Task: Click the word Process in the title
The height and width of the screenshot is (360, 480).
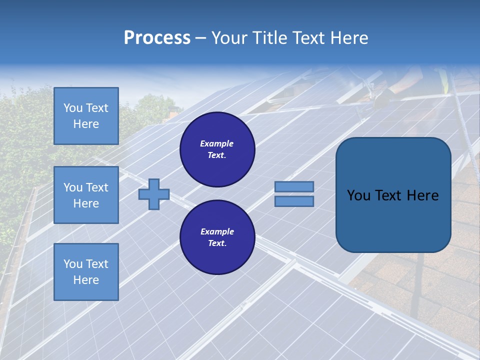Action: click(157, 38)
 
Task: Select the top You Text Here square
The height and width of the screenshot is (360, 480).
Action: click(86, 116)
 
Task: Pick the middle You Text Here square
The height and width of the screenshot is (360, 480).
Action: click(86, 195)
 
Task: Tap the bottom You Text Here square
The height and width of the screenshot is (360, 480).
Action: click(86, 272)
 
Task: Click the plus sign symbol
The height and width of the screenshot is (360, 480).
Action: click(154, 194)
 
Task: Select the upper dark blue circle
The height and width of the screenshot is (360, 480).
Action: click(217, 149)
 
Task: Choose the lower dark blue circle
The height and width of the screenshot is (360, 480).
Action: click(217, 237)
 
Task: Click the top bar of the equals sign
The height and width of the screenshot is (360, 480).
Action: click(294, 186)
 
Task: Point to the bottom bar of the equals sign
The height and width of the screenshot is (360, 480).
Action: click(294, 201)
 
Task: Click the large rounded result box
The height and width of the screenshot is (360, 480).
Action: click(393, 195)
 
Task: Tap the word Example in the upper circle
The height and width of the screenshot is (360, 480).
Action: click(217, 143)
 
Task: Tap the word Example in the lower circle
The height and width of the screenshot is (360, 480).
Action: click(217, 231)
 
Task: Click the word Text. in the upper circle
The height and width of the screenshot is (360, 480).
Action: click(217, 155)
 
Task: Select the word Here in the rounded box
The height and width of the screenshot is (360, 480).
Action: click(423, 195)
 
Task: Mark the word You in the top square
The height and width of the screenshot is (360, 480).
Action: click(73, 108)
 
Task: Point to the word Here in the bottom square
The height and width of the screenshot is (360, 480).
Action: click(86, 280)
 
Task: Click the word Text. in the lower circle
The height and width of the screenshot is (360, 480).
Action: click(217, 243)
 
